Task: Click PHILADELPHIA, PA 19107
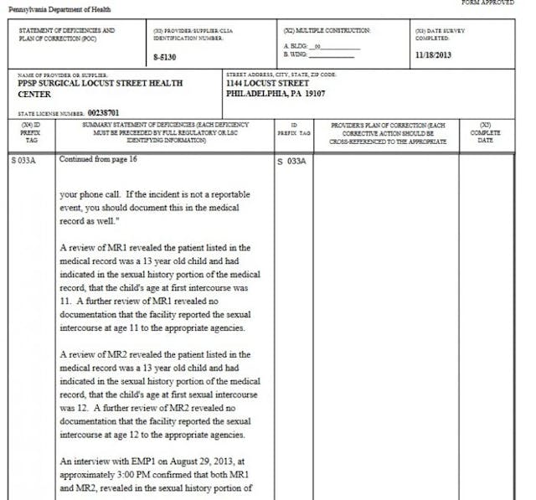point(278,94)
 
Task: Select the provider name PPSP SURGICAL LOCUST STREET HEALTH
point(100,84)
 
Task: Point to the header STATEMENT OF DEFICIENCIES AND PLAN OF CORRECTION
point(67,34)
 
